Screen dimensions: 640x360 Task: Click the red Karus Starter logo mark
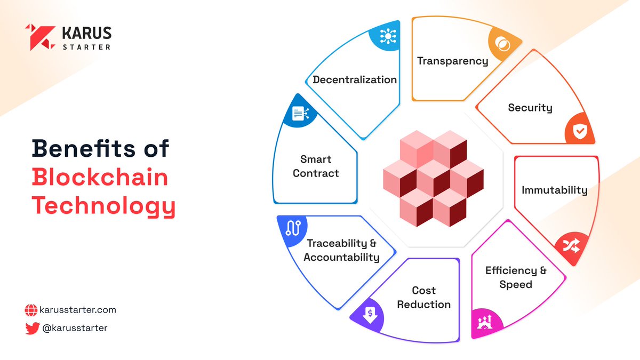pos(40,37)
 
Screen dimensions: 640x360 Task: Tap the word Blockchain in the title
pos(100,177)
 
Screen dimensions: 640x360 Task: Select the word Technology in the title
pos(103,206)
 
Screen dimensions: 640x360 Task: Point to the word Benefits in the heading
pos(83,148)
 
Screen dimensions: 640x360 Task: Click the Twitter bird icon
pos(33,328)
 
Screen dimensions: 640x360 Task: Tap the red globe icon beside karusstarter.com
pos(31,310)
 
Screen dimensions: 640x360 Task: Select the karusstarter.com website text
pos(78,310)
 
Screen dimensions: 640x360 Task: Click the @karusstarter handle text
pos(75,328)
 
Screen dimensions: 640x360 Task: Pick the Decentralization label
pos(355,79)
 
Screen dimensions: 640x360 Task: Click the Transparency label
pos(453,61)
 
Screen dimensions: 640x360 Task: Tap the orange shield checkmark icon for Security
pos(580,131)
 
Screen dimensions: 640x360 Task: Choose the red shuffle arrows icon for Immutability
pos(571,246)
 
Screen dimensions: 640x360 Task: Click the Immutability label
pos(555,190)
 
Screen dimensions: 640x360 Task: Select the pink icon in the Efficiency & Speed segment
pos(485,322)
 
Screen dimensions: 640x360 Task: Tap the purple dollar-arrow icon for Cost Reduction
pos(370,315)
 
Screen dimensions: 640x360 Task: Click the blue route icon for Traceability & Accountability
pos(293,228)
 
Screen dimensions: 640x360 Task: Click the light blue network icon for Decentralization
pos(388,36)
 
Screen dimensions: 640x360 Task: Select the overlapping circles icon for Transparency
pos(502,44)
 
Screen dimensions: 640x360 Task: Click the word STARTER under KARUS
pos(86,47)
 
